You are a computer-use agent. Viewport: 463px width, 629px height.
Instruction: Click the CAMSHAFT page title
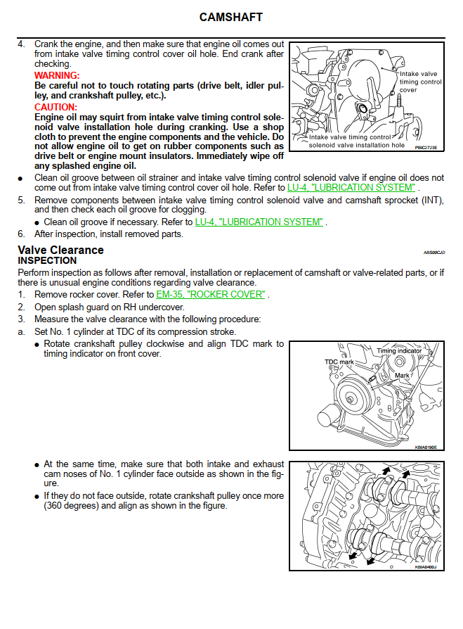pos(231,17)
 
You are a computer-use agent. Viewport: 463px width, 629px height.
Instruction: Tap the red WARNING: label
pos(57,75)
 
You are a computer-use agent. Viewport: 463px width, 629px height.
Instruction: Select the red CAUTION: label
pos(56,107)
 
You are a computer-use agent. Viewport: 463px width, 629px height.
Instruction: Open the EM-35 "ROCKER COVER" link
pos(211,294)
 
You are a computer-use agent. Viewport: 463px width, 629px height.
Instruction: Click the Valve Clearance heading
pos(60,250)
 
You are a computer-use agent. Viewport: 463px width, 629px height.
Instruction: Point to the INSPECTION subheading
pos(47,260)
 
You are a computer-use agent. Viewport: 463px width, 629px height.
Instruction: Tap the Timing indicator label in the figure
pos(399,350)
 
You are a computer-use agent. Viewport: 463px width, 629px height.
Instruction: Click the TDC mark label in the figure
pos(339,362)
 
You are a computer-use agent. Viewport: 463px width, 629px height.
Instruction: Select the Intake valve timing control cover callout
pos(419,82)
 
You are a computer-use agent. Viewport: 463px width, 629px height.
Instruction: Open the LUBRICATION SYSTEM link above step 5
pos(351,188)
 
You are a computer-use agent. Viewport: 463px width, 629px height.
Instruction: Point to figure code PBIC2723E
pos(426,148)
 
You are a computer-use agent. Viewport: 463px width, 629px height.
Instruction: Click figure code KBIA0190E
pos(426,445)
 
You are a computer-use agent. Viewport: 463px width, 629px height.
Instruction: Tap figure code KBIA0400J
pos(426,566)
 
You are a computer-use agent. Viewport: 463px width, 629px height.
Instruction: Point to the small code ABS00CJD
pos(434,251)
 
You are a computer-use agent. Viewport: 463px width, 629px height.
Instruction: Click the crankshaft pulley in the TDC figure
pos(351,399)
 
